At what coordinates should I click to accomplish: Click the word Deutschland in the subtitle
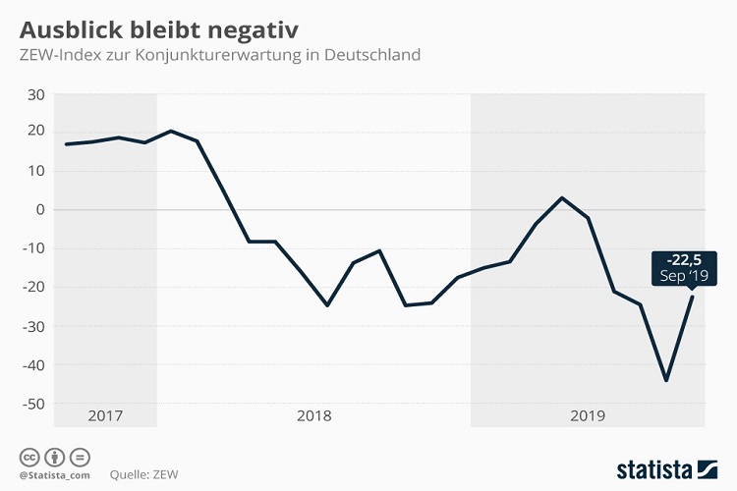[375, 54]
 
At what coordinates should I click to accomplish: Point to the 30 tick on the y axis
[36, 94]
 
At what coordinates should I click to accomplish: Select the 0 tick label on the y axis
[41, 210]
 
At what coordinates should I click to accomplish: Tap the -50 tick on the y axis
[34, 404]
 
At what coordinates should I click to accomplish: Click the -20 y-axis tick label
[34, 288]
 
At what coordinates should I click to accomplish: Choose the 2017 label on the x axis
[105, 415]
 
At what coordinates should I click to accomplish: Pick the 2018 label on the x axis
[313, 415]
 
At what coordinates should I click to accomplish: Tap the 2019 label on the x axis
[588, 415]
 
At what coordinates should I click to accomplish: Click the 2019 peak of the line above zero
[561, 198]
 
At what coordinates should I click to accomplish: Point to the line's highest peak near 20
[171, 131]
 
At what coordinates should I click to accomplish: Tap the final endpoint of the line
[692, 297]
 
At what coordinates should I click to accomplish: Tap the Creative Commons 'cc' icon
[28, 456]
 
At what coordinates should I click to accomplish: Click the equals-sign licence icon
[81, 456]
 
